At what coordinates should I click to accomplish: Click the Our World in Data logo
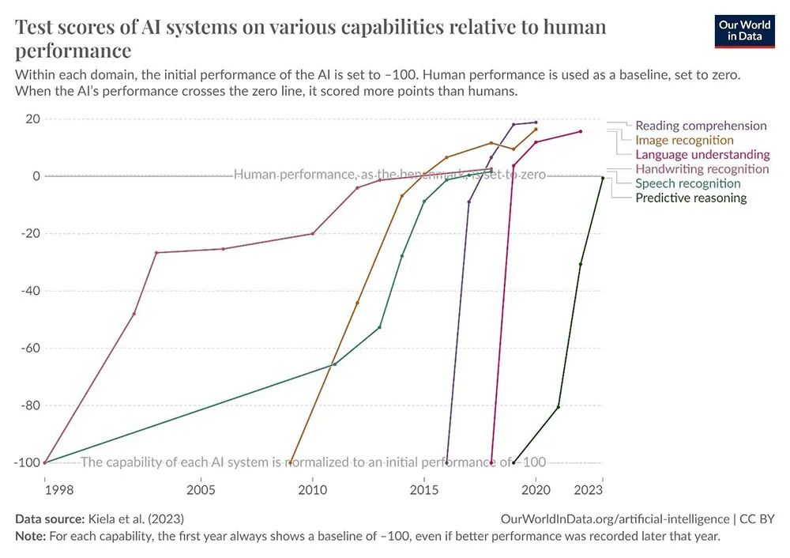click(744, 30)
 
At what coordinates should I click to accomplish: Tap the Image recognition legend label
click(684, 140)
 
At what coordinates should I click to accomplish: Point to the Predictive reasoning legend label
click(690, 198)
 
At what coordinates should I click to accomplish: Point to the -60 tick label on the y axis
click(29, 348)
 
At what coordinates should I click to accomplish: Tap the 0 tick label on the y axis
click(36, 176)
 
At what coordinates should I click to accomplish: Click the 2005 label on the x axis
click(201, 490)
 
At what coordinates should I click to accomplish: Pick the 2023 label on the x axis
click(589, 490)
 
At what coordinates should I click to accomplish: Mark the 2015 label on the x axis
click(424, 490)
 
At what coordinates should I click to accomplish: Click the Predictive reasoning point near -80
click(559, 407)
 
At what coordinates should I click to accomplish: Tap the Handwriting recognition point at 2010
click(313, 233)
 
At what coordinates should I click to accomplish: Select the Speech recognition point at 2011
click(335, 364)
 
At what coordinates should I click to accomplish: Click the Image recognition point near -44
click(357, 303)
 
